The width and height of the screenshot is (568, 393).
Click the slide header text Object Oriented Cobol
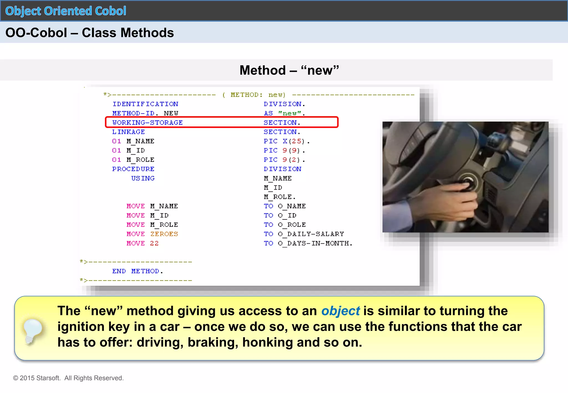tap(66, 11)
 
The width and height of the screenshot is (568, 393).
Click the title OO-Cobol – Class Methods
tap(90, 33)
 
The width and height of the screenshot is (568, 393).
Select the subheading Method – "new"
tap(289, 70)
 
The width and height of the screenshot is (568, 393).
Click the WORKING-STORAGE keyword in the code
tap(147, 123)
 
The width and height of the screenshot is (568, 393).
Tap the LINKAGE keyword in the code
tap(128, 132)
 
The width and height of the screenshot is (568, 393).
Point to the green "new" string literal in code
tap(290, 113)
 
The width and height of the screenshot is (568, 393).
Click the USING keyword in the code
tap(143, 178)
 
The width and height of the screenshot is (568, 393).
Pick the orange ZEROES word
tap(164, 234)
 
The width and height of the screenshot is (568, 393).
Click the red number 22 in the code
tap(154, 243)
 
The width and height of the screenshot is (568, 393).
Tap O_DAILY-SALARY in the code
tap(311, 234)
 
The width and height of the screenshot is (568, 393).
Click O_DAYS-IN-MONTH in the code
tap(315, 243)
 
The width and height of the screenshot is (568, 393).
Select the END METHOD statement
tap(137, 271)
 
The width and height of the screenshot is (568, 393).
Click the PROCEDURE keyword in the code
tap(133, 169)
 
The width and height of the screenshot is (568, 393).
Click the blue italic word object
tap(340, 311)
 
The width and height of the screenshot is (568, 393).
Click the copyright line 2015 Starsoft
tap(68, 378)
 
